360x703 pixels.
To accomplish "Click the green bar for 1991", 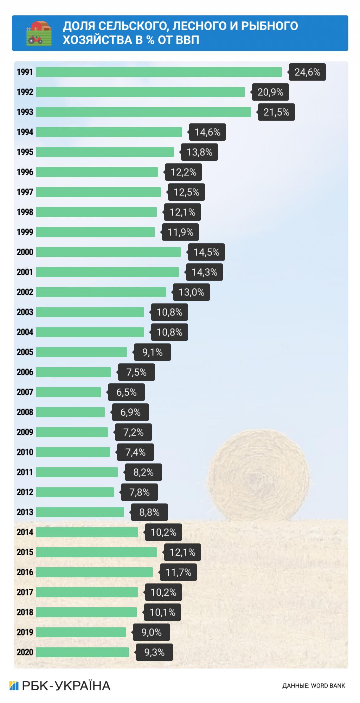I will pyautogui.click(x=159, y=72).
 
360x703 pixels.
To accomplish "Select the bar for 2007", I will pyautogui.click(x=69, y=392).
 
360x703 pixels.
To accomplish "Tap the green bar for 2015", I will pyautogui.click(x=96, y=552).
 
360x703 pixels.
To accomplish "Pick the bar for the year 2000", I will pyautogui.click(x=108, y=252).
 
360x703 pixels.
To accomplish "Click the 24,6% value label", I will pyautogui.click(x=307, y=72).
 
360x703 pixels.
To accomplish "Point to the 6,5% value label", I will pyautogui.click(x=127, y=392).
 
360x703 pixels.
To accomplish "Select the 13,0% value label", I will pyautogui.click(x=192, y=292).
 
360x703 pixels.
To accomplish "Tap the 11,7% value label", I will pyautogui.click(x=179, y=572).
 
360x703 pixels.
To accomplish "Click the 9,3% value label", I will pyautogui.click(x=155, y=652).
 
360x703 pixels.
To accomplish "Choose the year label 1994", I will pyautogui.click(x=25, y=132).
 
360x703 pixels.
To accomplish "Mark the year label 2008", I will pyautogui.click(x=25, y=412).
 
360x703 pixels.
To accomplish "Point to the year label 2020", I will pyautogui.click(x=25, y=652).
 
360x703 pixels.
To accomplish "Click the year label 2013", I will pyautogui.click(x=25, y=512).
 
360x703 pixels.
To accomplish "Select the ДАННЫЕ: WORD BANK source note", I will pyautogui.click(x=314, y=686).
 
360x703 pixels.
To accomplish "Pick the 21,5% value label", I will pyautogui.click(x=276, y=112).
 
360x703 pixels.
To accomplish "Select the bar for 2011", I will pyautogui.click(x=77, y=472).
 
